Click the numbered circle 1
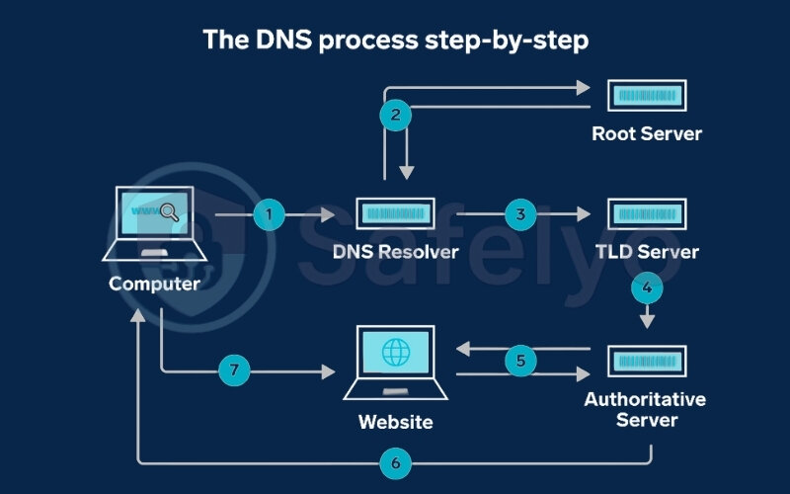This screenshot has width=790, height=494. click(x=269, y=214)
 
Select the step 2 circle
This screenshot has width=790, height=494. click(x=395, y=115)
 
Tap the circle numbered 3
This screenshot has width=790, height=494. click(x=519, y=214)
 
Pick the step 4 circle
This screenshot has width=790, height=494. click(x=647, y=289)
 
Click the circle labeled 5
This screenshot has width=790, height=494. click(x=521, y=361)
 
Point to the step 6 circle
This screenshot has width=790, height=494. click(x=394, y=461)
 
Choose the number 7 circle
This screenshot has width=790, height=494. click(x=235, y=372)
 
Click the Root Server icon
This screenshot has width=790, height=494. click(x=647, y=96)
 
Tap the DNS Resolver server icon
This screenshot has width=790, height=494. click(x=394, y=214)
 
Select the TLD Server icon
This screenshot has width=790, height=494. click(x=647, y=214)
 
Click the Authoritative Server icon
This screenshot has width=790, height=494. click(x=647, y=361)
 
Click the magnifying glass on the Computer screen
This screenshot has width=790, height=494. click(x=168, y=210)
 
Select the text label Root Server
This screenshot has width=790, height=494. click(x=647, y=133)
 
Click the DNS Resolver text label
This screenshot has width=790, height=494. click(x=394, y=252)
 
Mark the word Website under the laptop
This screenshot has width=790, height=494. click(x=395, y=423)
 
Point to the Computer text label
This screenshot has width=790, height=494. click(x=154, y=285)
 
